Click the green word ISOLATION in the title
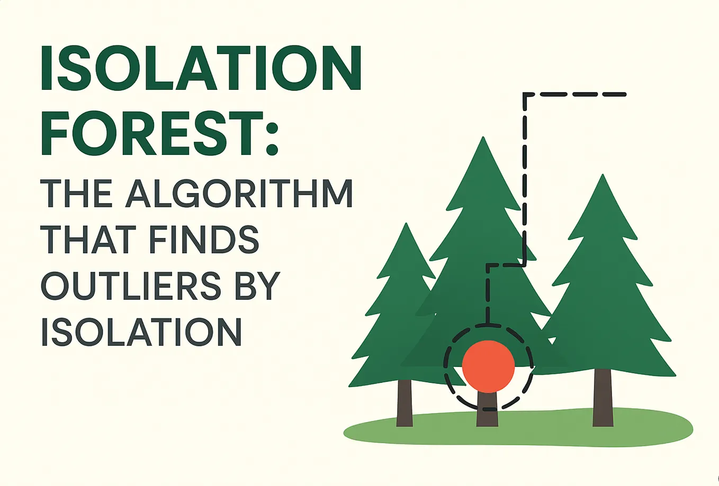(x=201, y=68)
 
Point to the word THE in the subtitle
(x=76, y=194)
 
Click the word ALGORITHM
(x=239, y=194)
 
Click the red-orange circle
(x=488, y=366)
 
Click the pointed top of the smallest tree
(x=406, y=225)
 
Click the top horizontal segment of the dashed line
(x=575, y=95)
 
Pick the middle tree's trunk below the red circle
(x=487, y=412)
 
